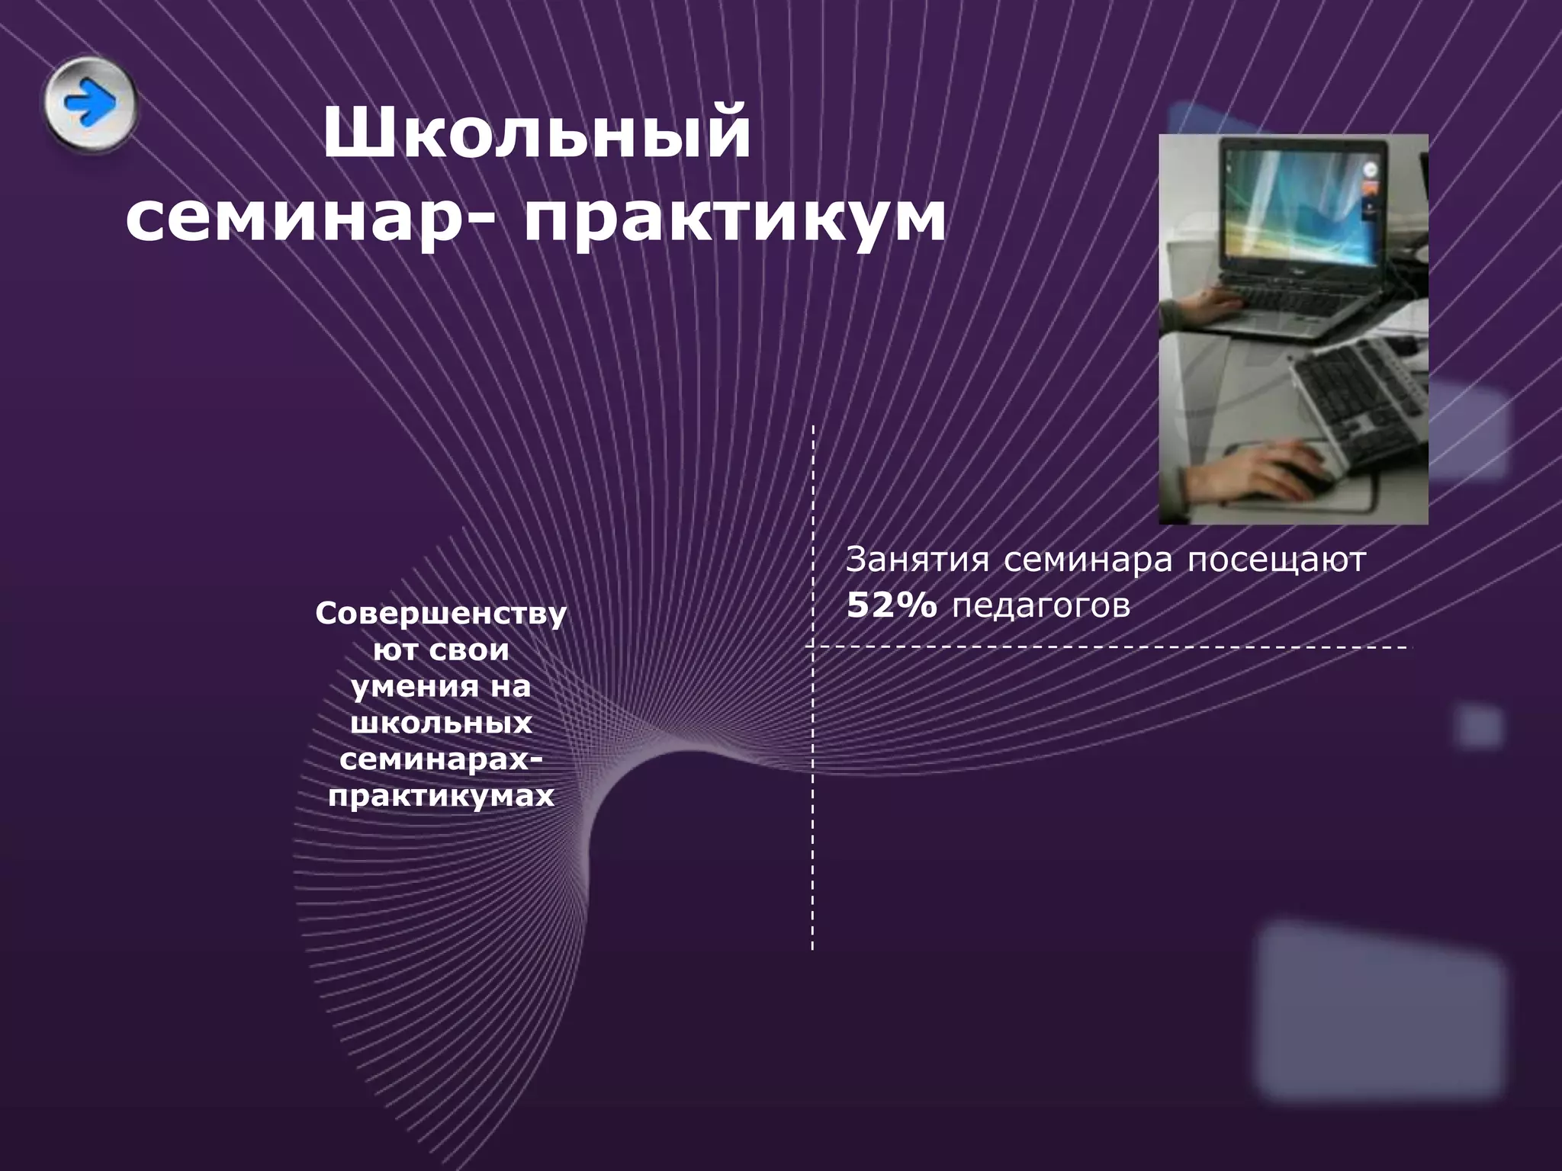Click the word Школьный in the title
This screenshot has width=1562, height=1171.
(x=537, y=134)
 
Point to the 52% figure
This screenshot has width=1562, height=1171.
(x=891, y=606)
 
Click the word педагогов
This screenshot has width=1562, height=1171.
(x=1040, y=606)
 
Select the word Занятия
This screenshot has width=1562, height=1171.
(x=917, y=560)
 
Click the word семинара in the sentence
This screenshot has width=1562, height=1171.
(x=1088, y=560)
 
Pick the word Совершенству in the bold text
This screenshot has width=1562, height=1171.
(x=441, y=614)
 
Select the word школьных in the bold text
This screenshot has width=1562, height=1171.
(x=441, y=723)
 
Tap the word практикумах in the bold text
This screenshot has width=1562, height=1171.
(x=441, y=796)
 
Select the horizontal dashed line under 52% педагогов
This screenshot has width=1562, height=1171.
(x=1106, y=647)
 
